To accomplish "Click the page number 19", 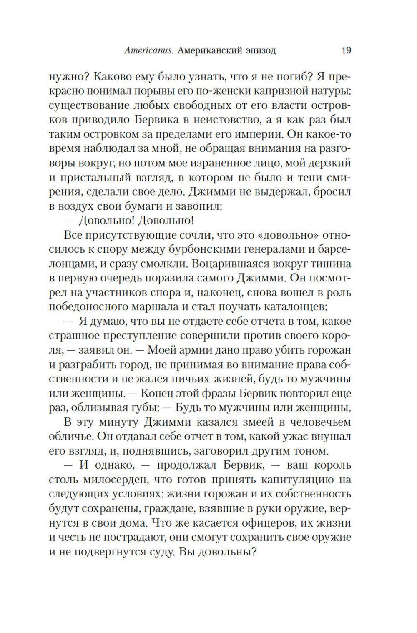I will pyautogui.click(x=346, y=51).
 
